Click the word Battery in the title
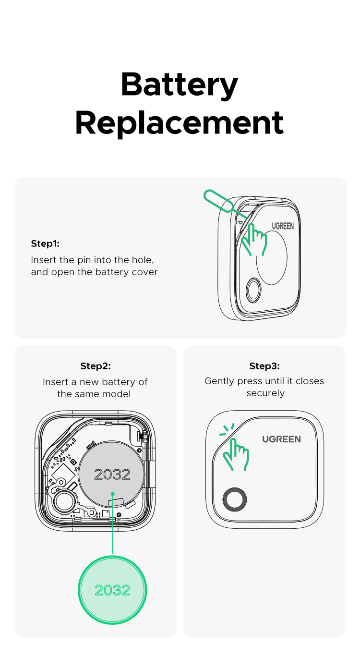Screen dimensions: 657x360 tap(180, 85)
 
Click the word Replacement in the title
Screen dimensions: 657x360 tap(180, 123)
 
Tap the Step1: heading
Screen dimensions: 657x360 tap(45, 243)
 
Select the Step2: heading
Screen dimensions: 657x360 tap(96, 366)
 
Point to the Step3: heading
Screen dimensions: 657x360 tap(264, 366)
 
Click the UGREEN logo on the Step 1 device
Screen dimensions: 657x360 tap(283, 226)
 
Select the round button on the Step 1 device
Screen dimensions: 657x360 tap(253, 291)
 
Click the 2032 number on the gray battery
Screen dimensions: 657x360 tap(112, 474)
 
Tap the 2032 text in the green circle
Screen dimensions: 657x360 tap(112, 590)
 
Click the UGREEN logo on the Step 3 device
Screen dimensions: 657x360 tap(281, 439)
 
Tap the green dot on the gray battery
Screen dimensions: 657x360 tap(112, 493)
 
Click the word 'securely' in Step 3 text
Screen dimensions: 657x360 tap(265, 393)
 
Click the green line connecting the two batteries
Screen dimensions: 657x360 tap(112, 528)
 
